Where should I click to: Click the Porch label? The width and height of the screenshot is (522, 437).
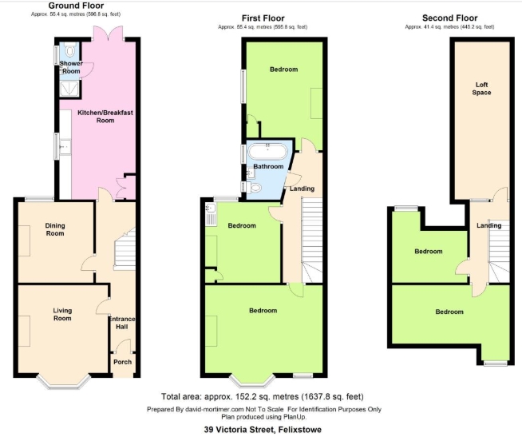pyautogui.click(x=122, y=362)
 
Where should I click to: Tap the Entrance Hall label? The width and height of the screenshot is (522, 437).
pyautogui.click(x=122, y=323)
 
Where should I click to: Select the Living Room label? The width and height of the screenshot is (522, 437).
pyautogui.click(x=62, y=314)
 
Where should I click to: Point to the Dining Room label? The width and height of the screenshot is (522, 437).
pyautogui.click(x=55, y=229)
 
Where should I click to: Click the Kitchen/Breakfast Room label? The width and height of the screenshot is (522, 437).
pyautogui.click(x=105, y=117)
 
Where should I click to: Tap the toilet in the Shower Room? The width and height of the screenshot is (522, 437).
pyautogui.click(x=70, y=50)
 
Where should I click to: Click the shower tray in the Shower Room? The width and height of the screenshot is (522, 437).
pyautogui.click(x=70, y=89)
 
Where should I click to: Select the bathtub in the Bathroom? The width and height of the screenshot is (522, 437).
pyautogui.click(x=267, y=152)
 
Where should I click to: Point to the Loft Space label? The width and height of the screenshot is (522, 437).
pyautogui.click(x=481, y=89)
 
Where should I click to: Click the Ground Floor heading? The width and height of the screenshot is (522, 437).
pyautogui.click(x=76, y=6)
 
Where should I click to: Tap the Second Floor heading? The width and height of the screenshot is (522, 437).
pyautogui.click(x=449, y=18)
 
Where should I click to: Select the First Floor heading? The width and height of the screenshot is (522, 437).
pyautogui.click(x=263, y=18)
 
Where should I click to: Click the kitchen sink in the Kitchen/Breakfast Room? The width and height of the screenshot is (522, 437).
pyautogui.click(x=65, y=147)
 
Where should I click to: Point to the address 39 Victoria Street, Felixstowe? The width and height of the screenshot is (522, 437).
pyautogui.click(x=263, y=430)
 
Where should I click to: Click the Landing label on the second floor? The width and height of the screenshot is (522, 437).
pyautogui.click(x=488, y=225)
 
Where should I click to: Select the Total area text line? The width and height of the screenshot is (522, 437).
pyautogui.click(x=263, y=397)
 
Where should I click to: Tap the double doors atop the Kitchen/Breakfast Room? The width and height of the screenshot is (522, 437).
pyautogui.click(x=109, y=34)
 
